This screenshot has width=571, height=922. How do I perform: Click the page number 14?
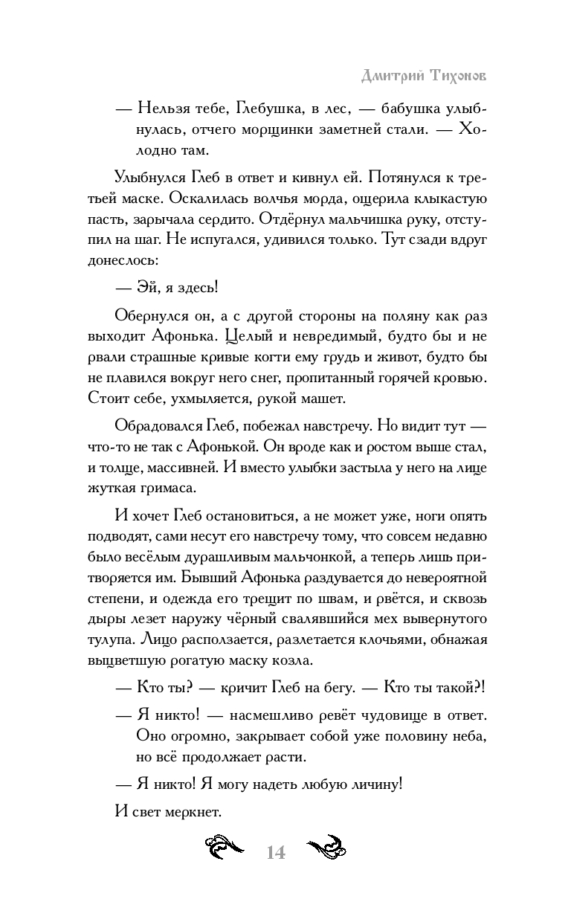pyautogui.click(x=275, y=852)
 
